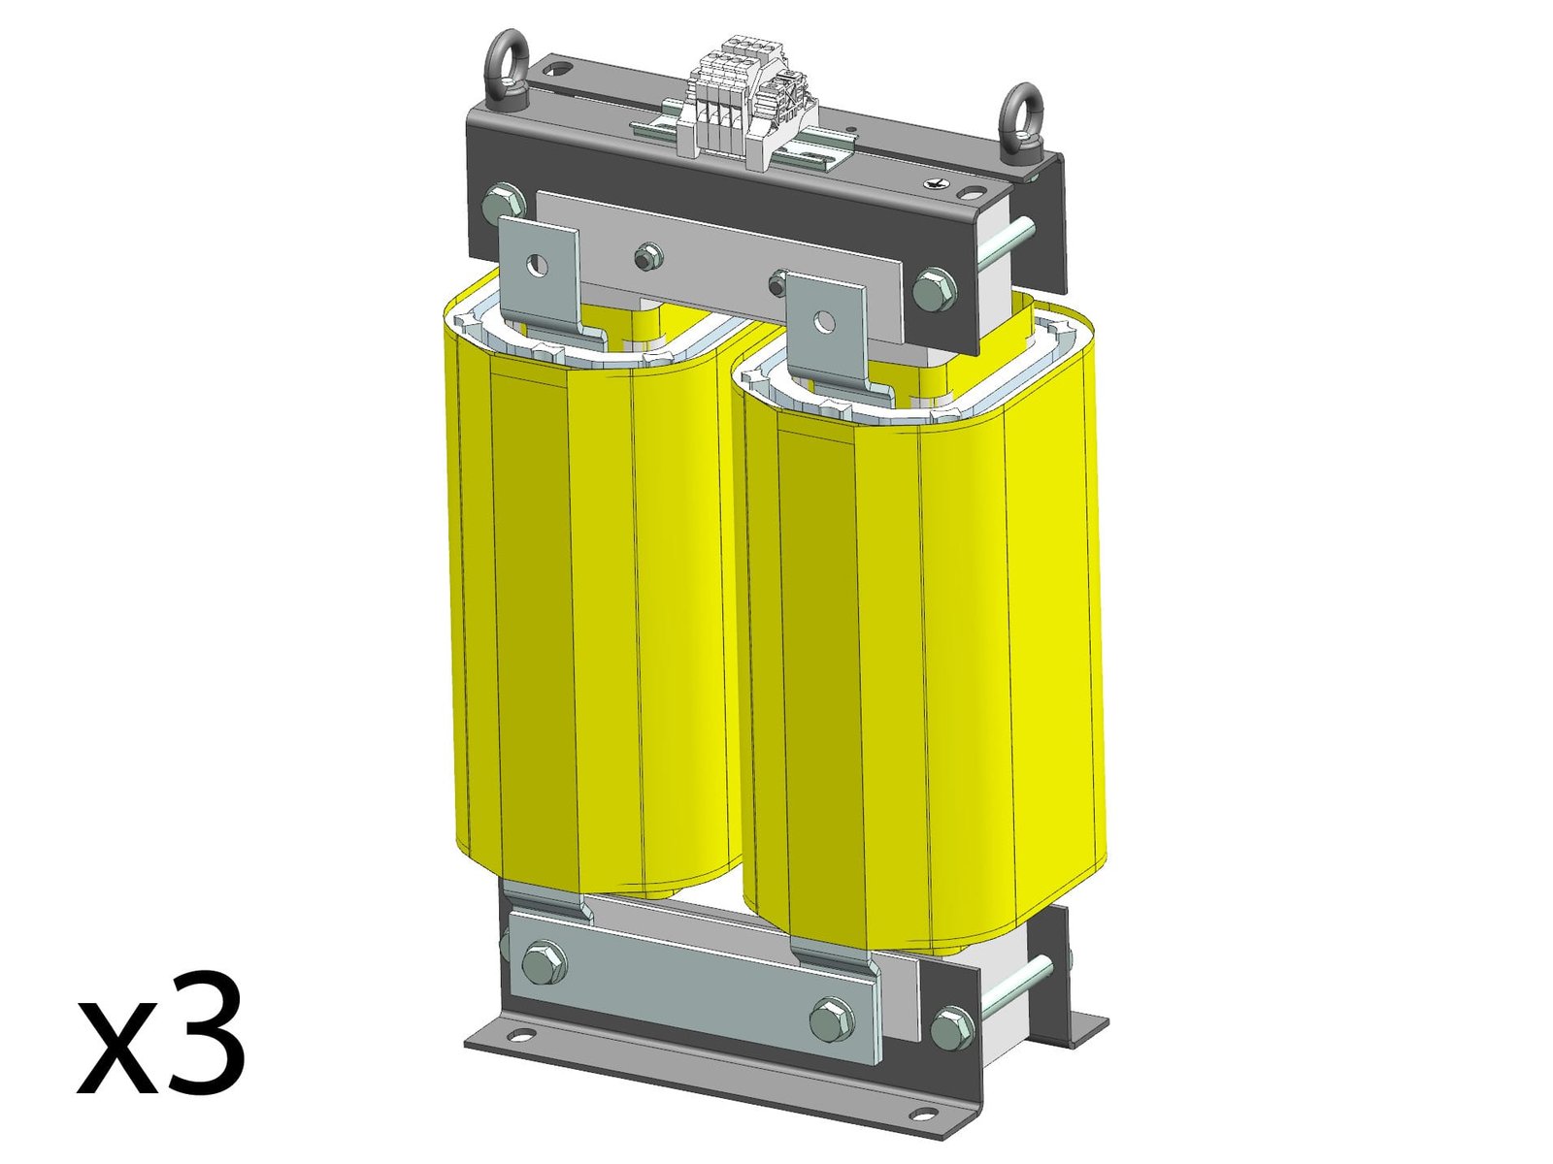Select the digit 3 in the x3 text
coord(199,1036)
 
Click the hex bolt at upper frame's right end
coord(934,289)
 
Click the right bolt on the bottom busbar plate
coord(831,1019)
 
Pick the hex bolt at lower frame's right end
coord(951,1027)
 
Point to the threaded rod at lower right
coord(1014,986)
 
